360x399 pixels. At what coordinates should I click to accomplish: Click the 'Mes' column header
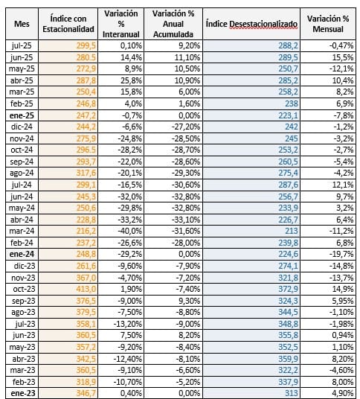[x=22, y=24]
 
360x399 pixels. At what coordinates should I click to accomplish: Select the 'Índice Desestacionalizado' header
[x=251, y=24]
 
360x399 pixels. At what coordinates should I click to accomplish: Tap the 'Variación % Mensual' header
[x=328, y=24]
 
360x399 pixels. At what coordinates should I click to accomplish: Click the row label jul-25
[x=22, y=45]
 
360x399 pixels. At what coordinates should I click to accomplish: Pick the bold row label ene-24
[x=22, y=254]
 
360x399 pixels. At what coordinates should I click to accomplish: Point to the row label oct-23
[x=24, y=289]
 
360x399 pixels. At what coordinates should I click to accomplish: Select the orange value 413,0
[x=86, y=289]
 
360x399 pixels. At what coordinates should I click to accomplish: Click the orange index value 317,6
[x=86, y=173]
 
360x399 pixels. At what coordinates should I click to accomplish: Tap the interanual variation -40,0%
[x=129, y=231]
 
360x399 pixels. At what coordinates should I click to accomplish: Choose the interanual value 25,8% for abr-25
[x=131, y=80]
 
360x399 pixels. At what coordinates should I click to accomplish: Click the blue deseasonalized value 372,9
[x=288, y=289]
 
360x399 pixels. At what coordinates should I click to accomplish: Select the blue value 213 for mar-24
[x=292, y=231]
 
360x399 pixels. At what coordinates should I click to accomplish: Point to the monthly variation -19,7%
[x=341, y=254]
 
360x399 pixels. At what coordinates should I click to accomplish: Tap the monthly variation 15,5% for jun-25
[x=343, y=57]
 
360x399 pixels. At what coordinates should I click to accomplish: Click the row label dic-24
[x=22, y=127]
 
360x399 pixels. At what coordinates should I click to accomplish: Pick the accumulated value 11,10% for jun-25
[x=187, y=57]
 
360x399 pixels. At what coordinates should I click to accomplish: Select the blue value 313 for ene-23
[x=292, y=393]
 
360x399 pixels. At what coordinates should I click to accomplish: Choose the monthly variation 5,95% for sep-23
[x=343, y=301]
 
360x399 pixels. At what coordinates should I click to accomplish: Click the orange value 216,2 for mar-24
[x=86, y=231]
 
